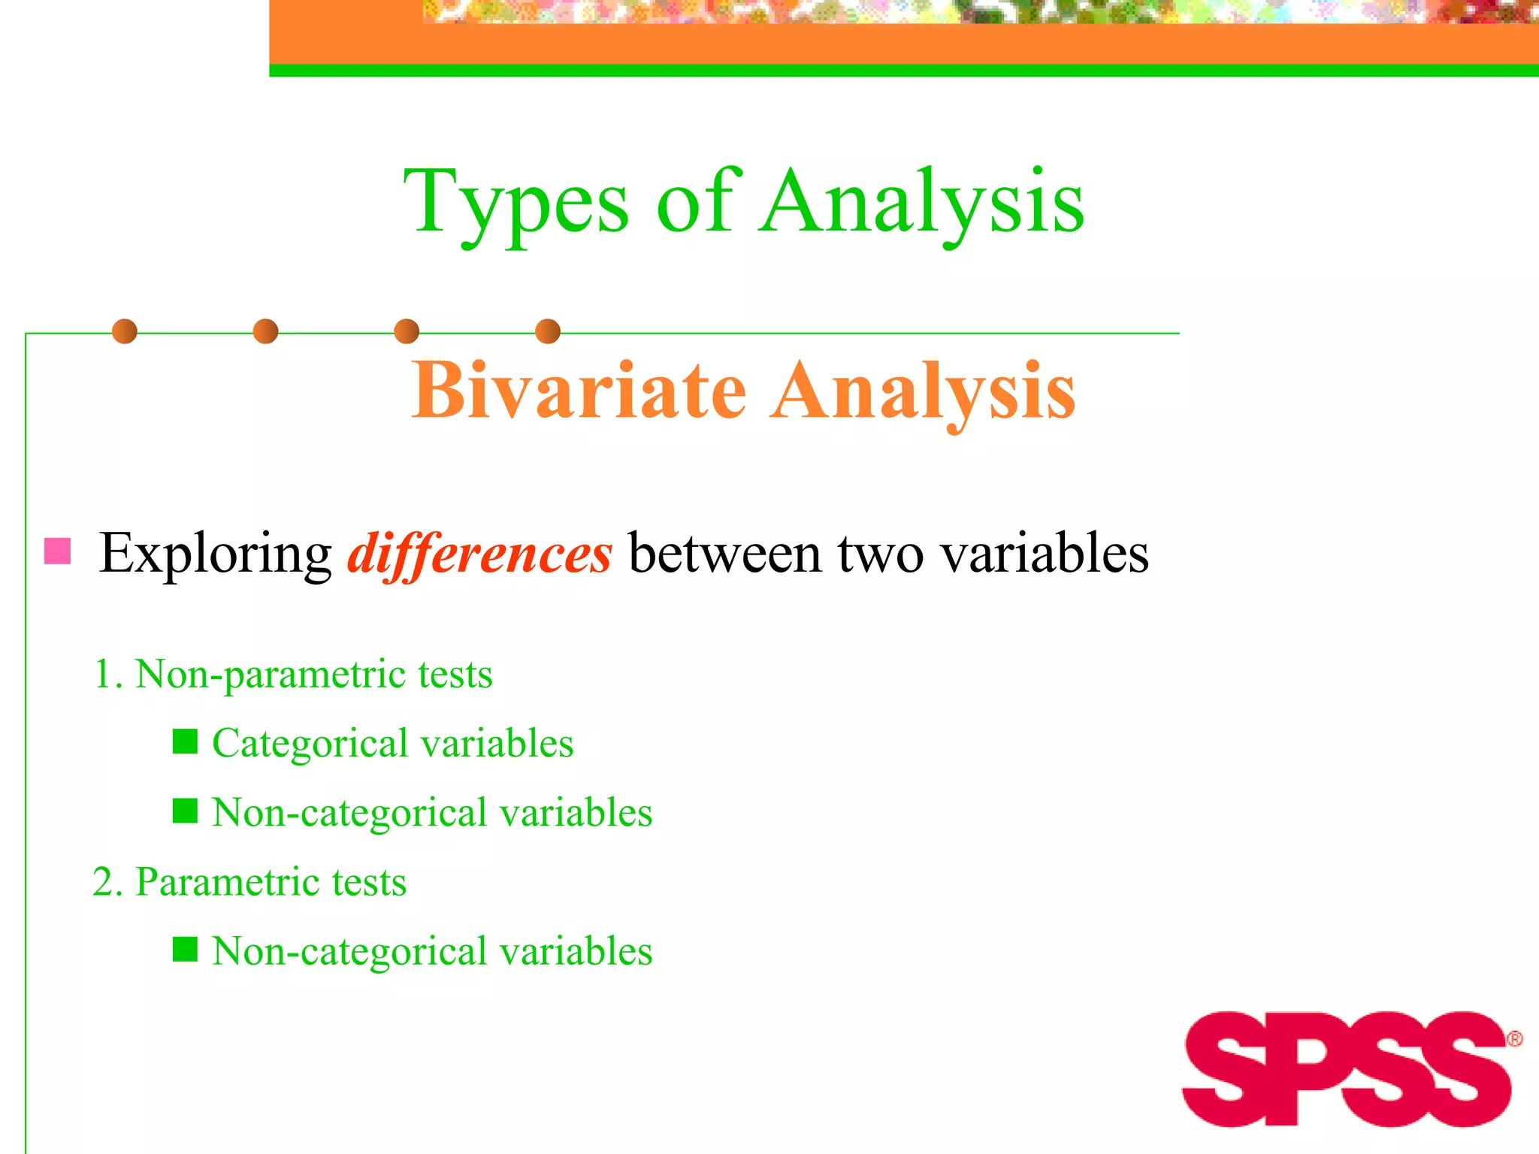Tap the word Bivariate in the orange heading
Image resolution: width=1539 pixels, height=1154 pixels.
(578, 391)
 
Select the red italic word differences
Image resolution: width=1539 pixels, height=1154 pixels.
(479, 554)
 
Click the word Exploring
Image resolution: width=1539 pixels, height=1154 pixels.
(216, 554)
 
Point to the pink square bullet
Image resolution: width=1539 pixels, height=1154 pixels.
(58, 551)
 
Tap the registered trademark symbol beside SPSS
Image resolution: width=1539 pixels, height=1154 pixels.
(1514, 1039)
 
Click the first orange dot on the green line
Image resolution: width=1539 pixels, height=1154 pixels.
(125, 331)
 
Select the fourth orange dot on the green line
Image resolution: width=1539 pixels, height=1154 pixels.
(548, 331)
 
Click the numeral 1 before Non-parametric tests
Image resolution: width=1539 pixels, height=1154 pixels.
(104, 674)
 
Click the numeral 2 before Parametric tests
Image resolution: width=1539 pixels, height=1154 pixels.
(104, 881)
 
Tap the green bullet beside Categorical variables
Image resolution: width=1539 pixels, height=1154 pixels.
(185, 742)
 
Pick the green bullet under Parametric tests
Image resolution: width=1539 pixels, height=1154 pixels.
(185, 950)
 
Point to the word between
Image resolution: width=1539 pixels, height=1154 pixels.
(724, 554)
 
